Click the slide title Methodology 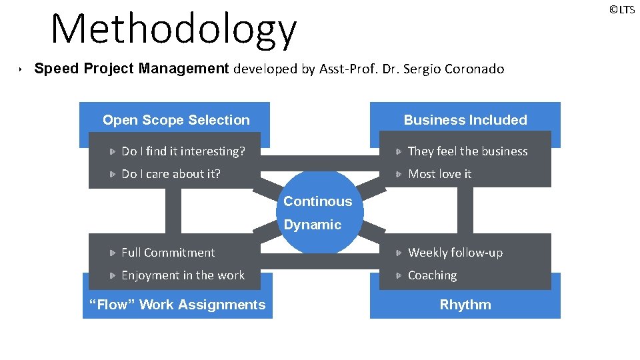click(x=173, y=29)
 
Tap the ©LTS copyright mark click(x=621, y=9)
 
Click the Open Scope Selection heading click(x=176, y=120)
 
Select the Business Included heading click(x=465, y=120)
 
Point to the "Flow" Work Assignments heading click(x=177, y=305)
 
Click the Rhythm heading click(x=465, y=305)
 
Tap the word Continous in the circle click(x=318, y=201)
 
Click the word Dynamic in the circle click(x=313, y=225)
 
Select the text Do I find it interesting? click(x=183, y=151)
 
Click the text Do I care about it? click(x=171, y=174)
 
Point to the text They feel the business click(x=467, y=151)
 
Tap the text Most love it click(x=439, y=174)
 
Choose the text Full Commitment click(x=168, y=253)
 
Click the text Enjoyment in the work click(x=183, y=275)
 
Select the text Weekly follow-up click(x=455, y=253)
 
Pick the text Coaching click(x=432, y=275)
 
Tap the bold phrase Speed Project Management click(x=131, y=69)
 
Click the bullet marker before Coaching click(x=398, y=275)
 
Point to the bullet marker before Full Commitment click(x=113, y=253)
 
